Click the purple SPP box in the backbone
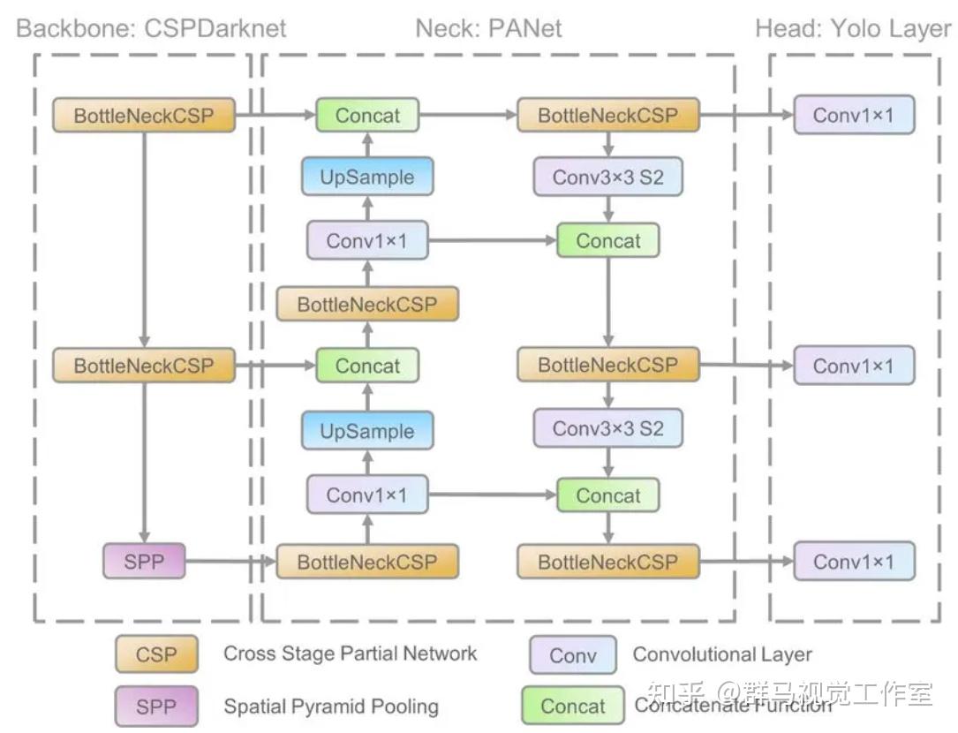pos(144,561)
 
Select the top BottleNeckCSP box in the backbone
pos(144,115)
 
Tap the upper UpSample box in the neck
pos(367,177)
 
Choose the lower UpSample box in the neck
pos(367,431)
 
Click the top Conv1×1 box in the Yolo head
pos(854,115)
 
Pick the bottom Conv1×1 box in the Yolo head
pos(854,561)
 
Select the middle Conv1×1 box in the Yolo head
pos(854,366)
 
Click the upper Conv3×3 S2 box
pos(608,177)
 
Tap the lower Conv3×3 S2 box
pos(608,428)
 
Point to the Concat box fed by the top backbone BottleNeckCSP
pos(367,115)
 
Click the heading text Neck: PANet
pos(488,28)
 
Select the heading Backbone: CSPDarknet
pos(151,28)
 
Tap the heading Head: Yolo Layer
pos(853,29)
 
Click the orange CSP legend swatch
pos(156,654)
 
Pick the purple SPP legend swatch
pos(156,707)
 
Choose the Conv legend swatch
pos(573,655)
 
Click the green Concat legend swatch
pos(573,706)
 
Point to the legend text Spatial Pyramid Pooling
pos(331,707)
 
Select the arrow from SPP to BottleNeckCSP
pos(231,561)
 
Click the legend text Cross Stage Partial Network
pos(350,654)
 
